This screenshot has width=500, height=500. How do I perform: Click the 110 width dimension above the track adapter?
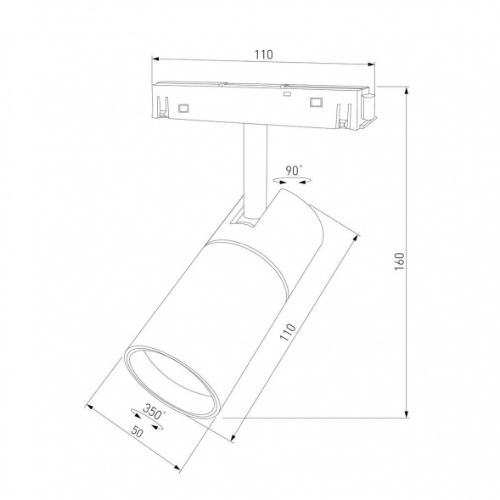coord(263,54)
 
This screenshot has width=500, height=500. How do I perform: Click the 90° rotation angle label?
coord(293,170)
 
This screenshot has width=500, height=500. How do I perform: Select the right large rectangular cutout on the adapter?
coord(316,103)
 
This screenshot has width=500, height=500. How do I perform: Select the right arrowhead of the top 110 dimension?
coord(370,61)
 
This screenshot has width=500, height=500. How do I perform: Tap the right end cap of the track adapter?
coord(368,105)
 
